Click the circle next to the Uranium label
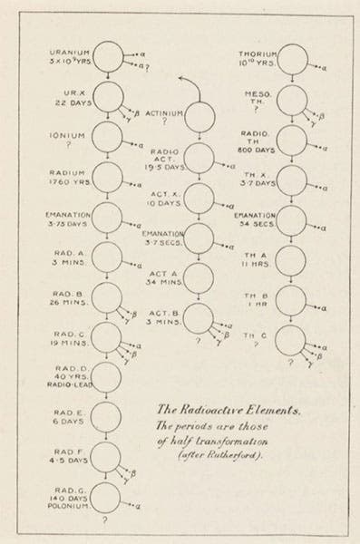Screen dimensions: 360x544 106,63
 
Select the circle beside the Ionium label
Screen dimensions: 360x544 106,139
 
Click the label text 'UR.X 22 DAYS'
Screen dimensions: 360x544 71,98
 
